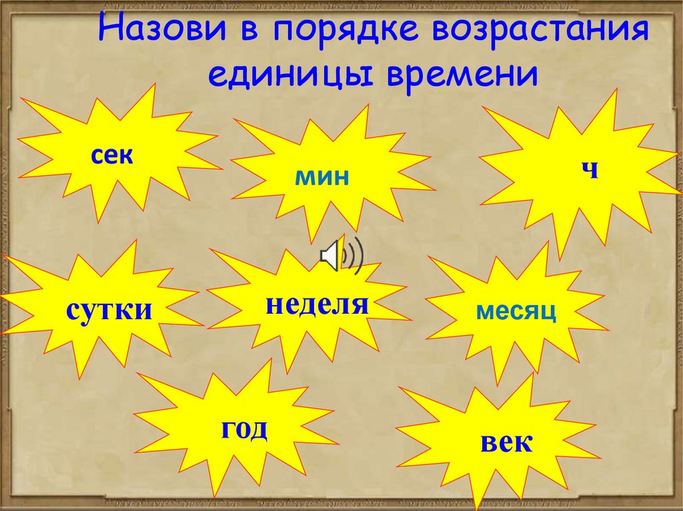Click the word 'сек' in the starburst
click(113, 157)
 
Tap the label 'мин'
click(323, 177)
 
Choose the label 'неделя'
click(317, 304)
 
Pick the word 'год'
click(245, 428)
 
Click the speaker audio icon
click(341, 255)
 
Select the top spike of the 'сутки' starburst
click(133, 244)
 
